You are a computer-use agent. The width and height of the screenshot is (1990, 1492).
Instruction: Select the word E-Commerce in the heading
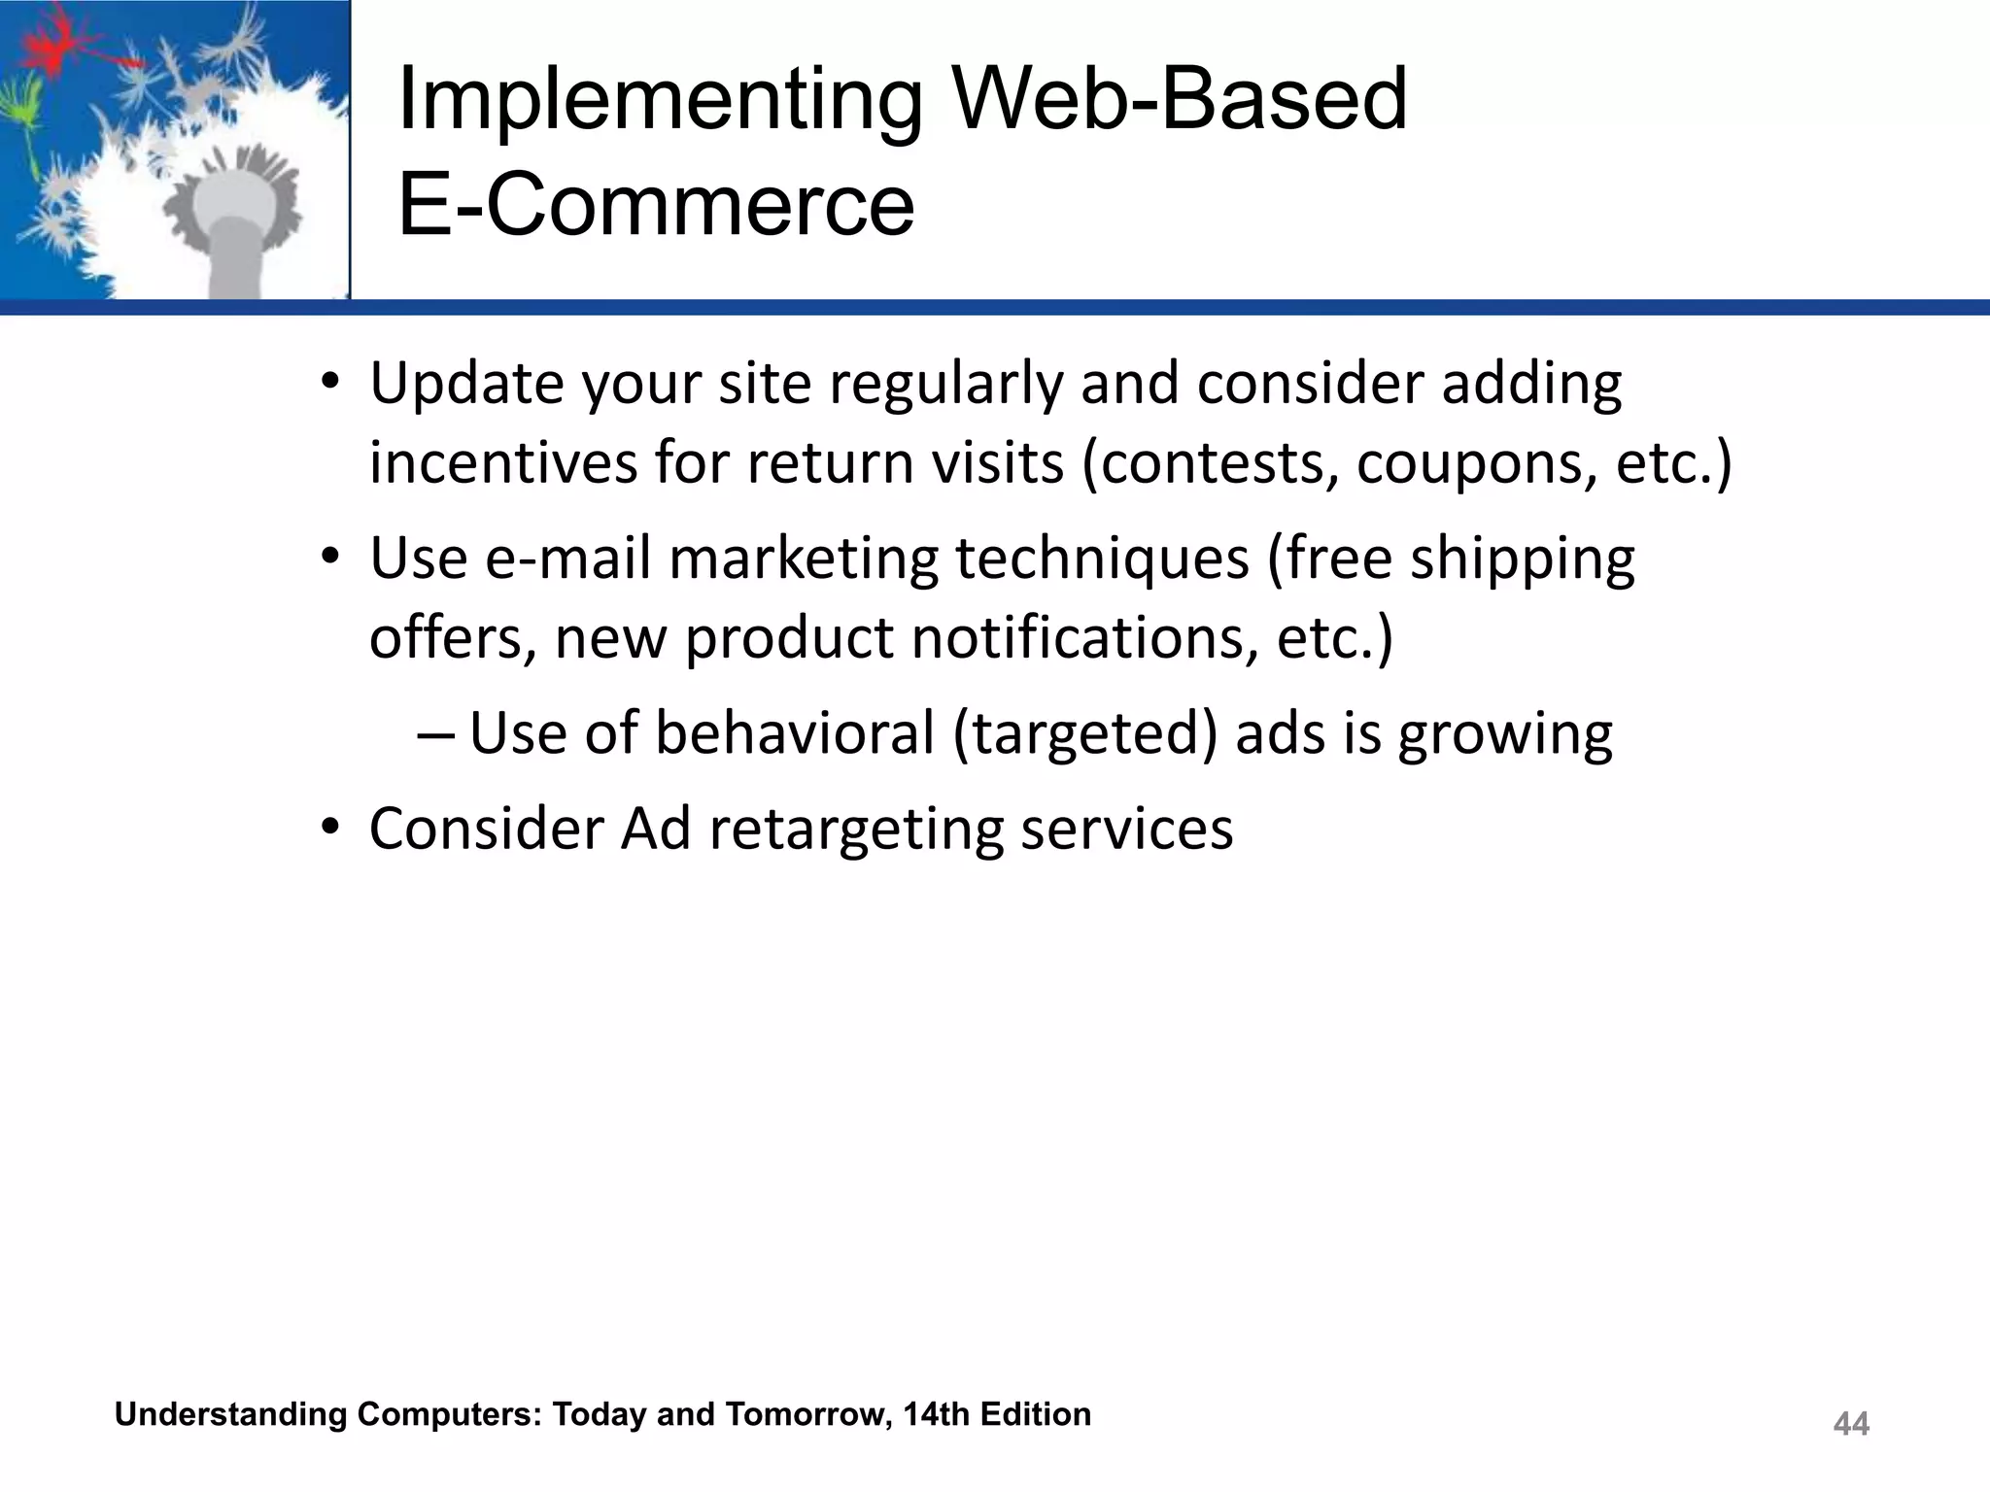[656, 205]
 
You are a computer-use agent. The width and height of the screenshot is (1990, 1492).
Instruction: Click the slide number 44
[1850, 1424]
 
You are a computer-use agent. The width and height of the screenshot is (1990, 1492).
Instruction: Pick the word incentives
[502, 463]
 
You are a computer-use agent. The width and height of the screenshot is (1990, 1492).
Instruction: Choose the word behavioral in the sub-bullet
[794, 733]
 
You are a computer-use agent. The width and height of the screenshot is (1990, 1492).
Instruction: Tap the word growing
[1505, 735]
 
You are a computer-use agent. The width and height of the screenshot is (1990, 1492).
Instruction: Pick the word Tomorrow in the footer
[806, 1414]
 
